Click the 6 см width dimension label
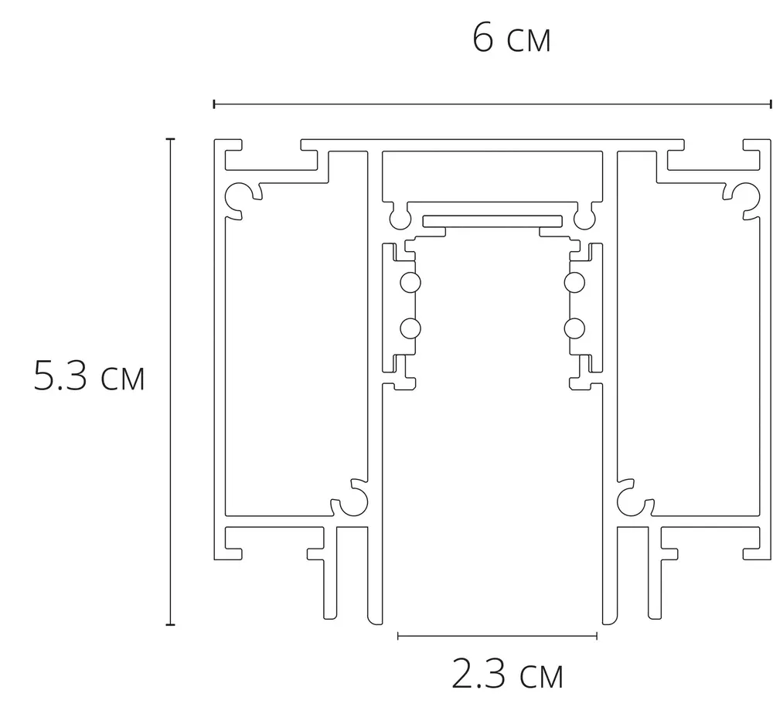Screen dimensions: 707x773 (x=511, y=39)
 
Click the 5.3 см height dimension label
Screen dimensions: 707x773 (x=90, y=378)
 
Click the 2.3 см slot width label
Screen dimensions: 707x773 (x=506, y=675)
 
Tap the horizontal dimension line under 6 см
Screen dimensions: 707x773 (x=492, y=104)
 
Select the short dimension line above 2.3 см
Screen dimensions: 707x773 (x=497, y=636)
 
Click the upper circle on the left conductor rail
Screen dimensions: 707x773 (x=410, y=283)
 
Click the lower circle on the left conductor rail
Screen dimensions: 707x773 (x=410, y=329)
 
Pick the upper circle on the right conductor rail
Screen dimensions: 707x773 (x=574, y=283)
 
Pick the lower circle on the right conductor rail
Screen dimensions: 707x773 (x=574, y=329)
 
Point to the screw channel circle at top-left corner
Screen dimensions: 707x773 (x=237, y=196)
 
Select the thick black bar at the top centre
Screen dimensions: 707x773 (x=492, y=219)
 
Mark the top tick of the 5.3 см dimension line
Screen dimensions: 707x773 (x=170, y=139)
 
